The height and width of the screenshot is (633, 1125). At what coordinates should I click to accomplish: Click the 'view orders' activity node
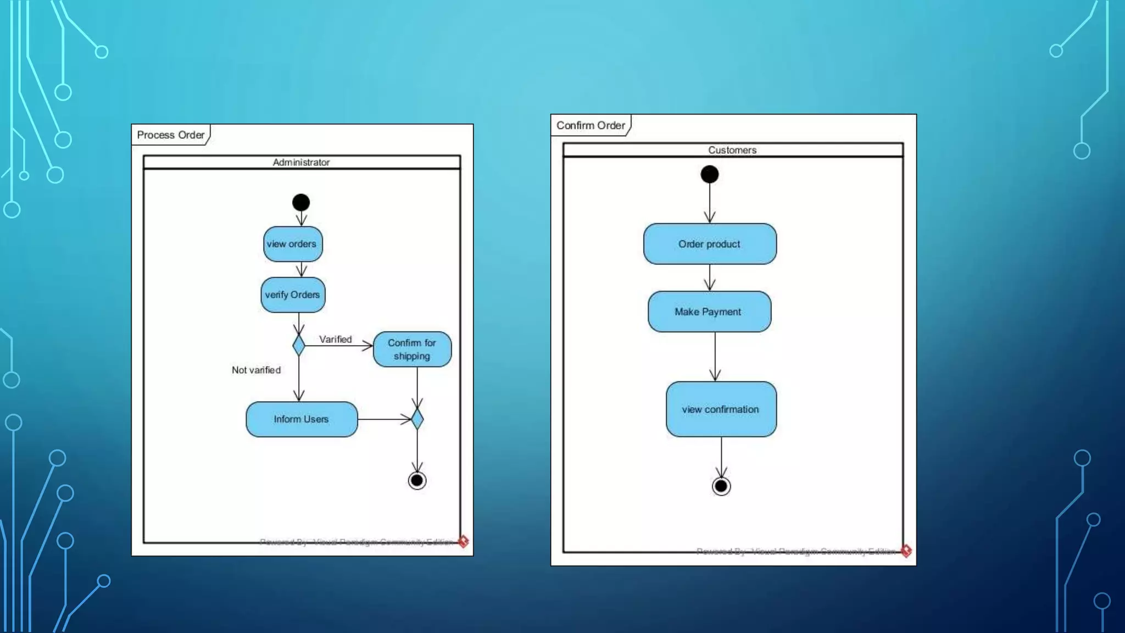tap(292, 244)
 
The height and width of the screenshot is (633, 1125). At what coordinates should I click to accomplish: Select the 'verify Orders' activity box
tap(293, 295)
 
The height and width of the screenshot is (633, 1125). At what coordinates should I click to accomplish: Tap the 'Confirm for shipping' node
tap(412, 349)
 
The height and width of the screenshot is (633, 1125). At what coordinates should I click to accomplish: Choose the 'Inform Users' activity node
tap(302, 419)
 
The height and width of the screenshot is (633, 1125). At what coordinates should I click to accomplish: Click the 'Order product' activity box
tap(710, 244)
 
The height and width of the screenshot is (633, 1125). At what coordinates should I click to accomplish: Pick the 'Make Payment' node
tap(709, 312)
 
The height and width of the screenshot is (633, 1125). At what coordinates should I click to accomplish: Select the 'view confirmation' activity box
tap(721, 409)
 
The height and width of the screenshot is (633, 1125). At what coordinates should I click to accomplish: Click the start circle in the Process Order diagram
tap(301, 203)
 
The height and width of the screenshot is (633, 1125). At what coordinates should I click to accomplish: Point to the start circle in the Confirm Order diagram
tap(710, 175)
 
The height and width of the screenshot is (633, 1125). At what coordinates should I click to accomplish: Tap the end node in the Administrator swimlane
tap(417, 481)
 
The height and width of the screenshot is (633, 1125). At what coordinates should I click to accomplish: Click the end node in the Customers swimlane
tap(721, 486)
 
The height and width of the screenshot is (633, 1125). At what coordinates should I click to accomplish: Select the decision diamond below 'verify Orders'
tap(299, 346)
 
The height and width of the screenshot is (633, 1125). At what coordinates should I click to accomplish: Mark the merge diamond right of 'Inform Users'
tap(417, 419)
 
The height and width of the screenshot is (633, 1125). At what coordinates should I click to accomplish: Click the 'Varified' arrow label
tap(335, 340)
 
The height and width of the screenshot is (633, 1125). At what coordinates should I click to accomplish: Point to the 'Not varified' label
tap(256, 370)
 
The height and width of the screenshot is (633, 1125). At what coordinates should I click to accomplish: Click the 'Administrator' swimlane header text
tap(301, 162)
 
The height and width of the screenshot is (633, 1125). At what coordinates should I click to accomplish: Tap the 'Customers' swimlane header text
tap(732, 150)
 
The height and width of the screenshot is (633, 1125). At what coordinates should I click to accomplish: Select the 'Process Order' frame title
tap(170, 135)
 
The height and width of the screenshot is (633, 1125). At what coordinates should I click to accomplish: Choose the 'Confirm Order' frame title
tap(591, 125)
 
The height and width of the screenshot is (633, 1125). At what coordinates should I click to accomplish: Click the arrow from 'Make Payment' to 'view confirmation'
tap(715, 357)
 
